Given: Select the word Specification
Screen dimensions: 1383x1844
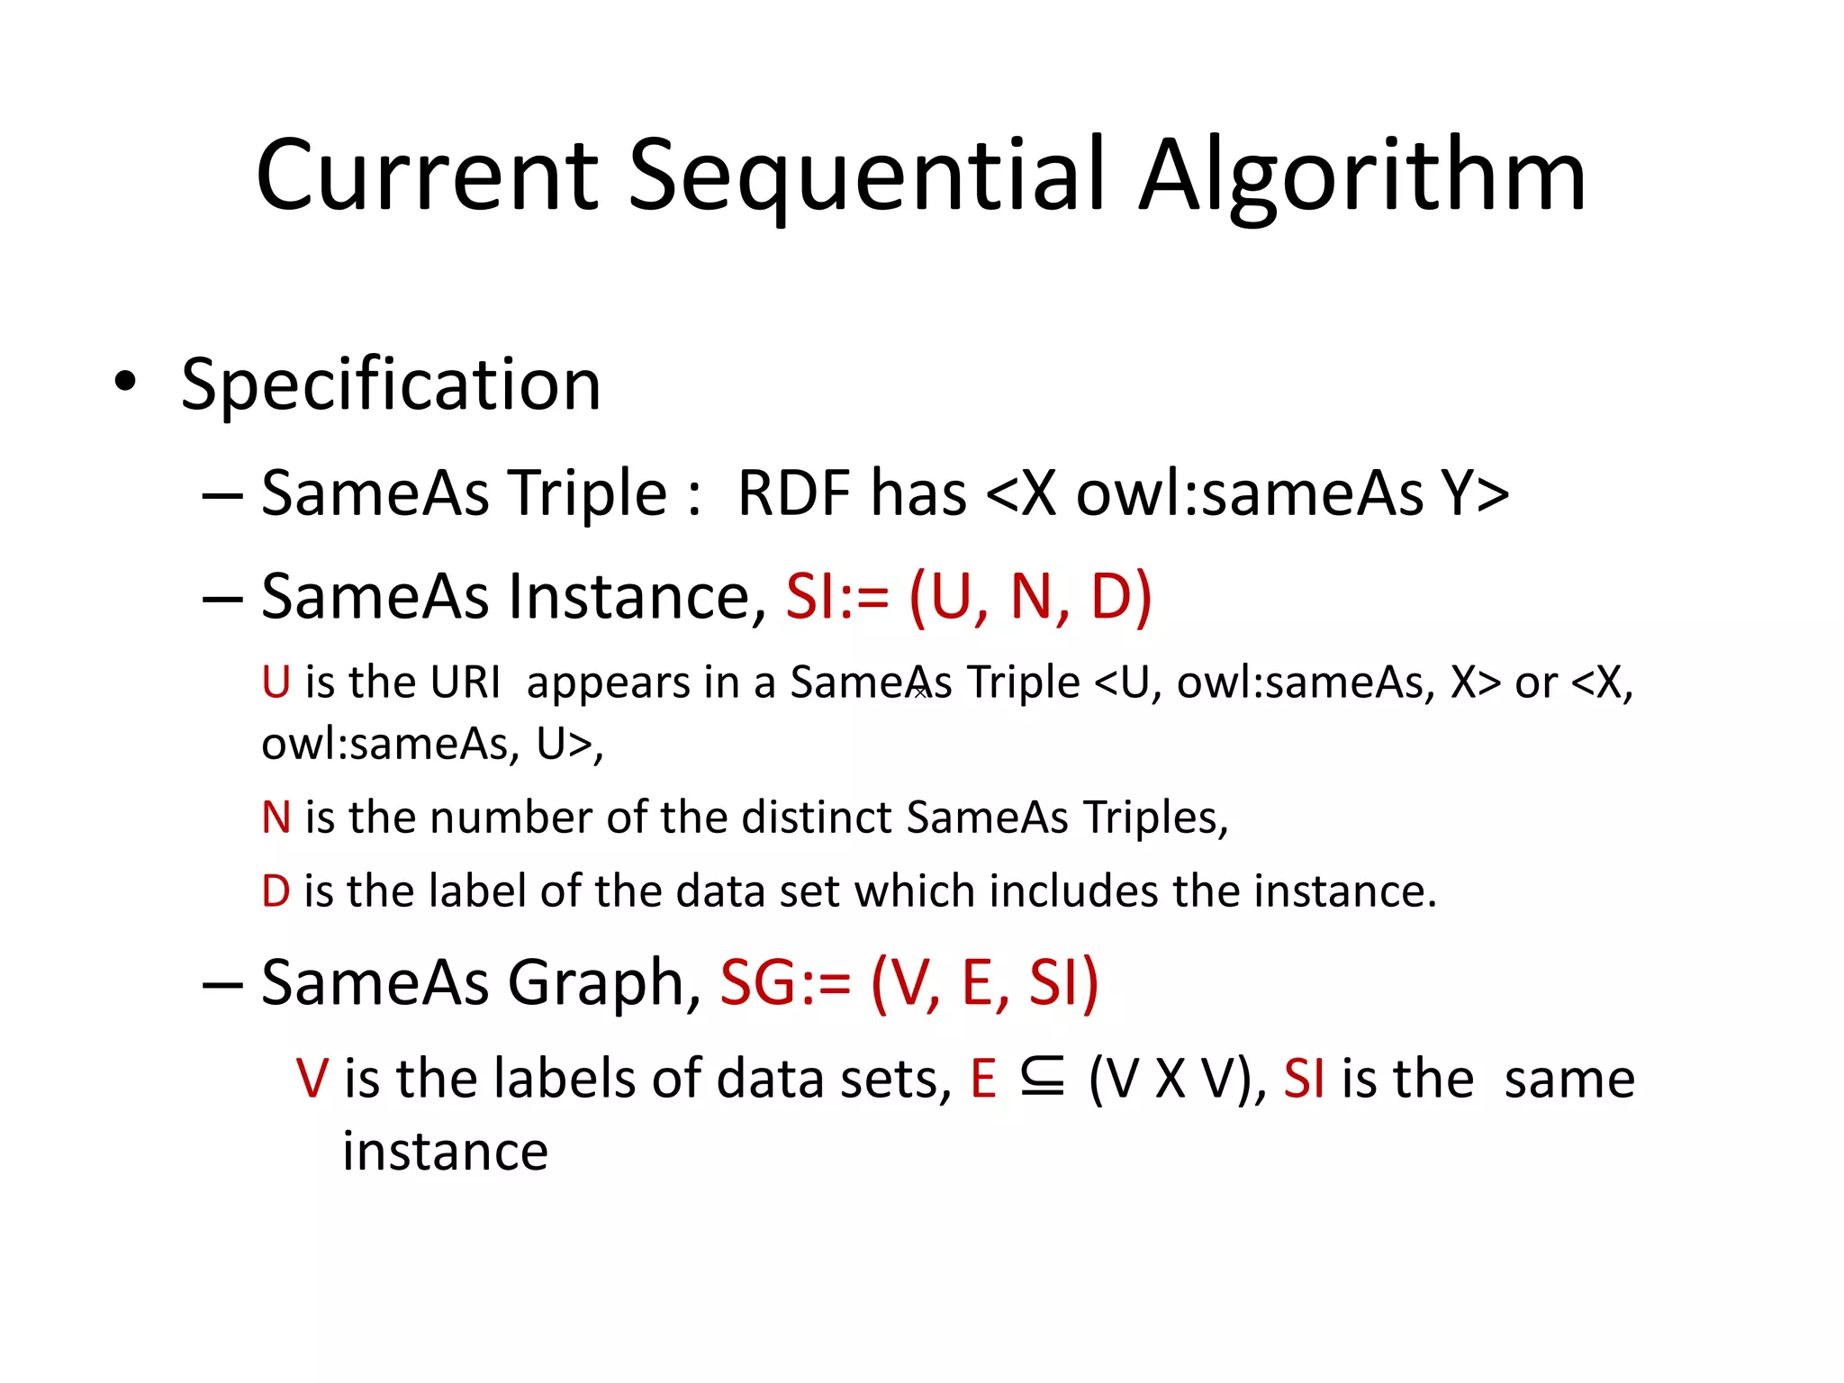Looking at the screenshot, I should pyautogui.click(x=391, y=385).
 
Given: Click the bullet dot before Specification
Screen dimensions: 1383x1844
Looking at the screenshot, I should pyautogui.click(x=126, y=383).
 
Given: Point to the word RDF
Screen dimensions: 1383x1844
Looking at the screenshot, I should pyautogui.click(x=793, y=493).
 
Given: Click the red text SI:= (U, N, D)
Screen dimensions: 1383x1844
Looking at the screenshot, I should pyautogui.click(x=968, y=596).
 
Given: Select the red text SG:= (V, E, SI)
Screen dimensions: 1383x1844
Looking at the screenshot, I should pyautogui.click(x=909, y=982).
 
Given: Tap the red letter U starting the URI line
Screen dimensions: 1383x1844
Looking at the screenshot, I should pyautogui.click(x=276, y=682).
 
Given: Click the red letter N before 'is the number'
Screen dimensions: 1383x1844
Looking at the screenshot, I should pyautogui.click(x=276, y=818).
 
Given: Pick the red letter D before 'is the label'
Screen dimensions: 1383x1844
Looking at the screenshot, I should pyautogui.click(x=276, y=891).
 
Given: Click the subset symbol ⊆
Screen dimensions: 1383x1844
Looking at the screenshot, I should pyautogui.click(x=1043, y=1078).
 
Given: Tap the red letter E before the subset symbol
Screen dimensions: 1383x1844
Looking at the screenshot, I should pyautogui.click(x=983, y=1079).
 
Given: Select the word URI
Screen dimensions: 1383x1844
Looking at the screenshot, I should pyautogui.click(x=465, y=682).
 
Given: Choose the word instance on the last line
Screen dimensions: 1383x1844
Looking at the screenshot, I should pyautogui.click(x=445, y=1152).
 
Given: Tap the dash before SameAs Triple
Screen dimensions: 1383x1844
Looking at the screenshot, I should pyautogui.click(x=221, y=495).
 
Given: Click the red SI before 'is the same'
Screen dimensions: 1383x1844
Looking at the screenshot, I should pyautogui.click(x=1303, y=1079).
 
